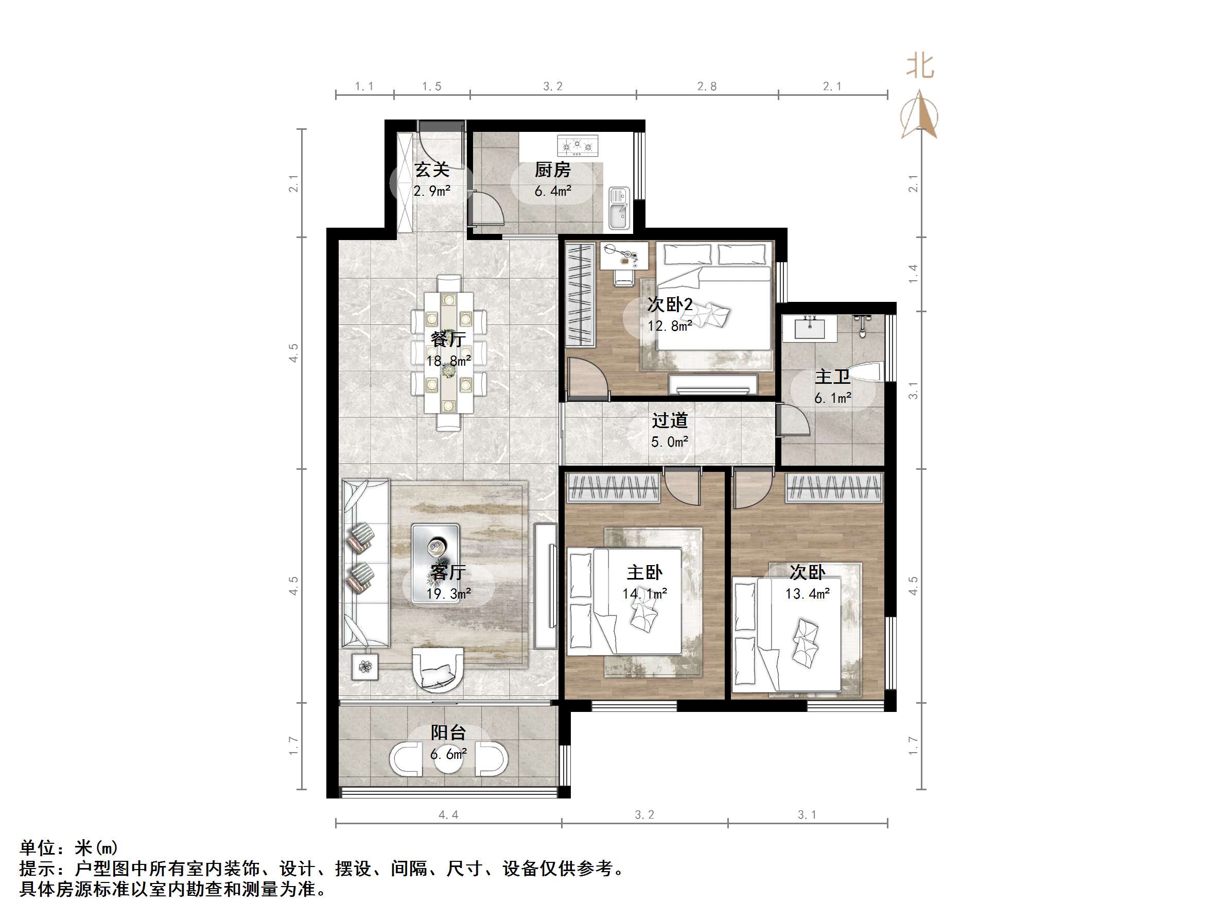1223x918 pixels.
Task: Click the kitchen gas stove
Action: [578, 145]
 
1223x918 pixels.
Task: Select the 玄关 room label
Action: [432, 169]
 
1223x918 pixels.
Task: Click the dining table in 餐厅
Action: [448, 353]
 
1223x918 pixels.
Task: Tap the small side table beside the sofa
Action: [365, 667]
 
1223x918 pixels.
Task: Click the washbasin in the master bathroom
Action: [810, 328]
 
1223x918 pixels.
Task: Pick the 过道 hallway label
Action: [670, 420]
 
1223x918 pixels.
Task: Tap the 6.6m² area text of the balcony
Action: [448, 754]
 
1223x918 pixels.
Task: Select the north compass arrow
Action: [919, 114]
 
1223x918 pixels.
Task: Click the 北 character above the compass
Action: [920, 66]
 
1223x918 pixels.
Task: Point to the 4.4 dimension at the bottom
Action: [448, 814]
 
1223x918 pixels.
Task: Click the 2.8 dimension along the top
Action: [707, 87]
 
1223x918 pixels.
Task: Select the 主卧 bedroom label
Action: [644, 572]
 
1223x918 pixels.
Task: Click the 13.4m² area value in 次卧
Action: [807, 594]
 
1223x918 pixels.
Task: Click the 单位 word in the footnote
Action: [38, 848]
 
